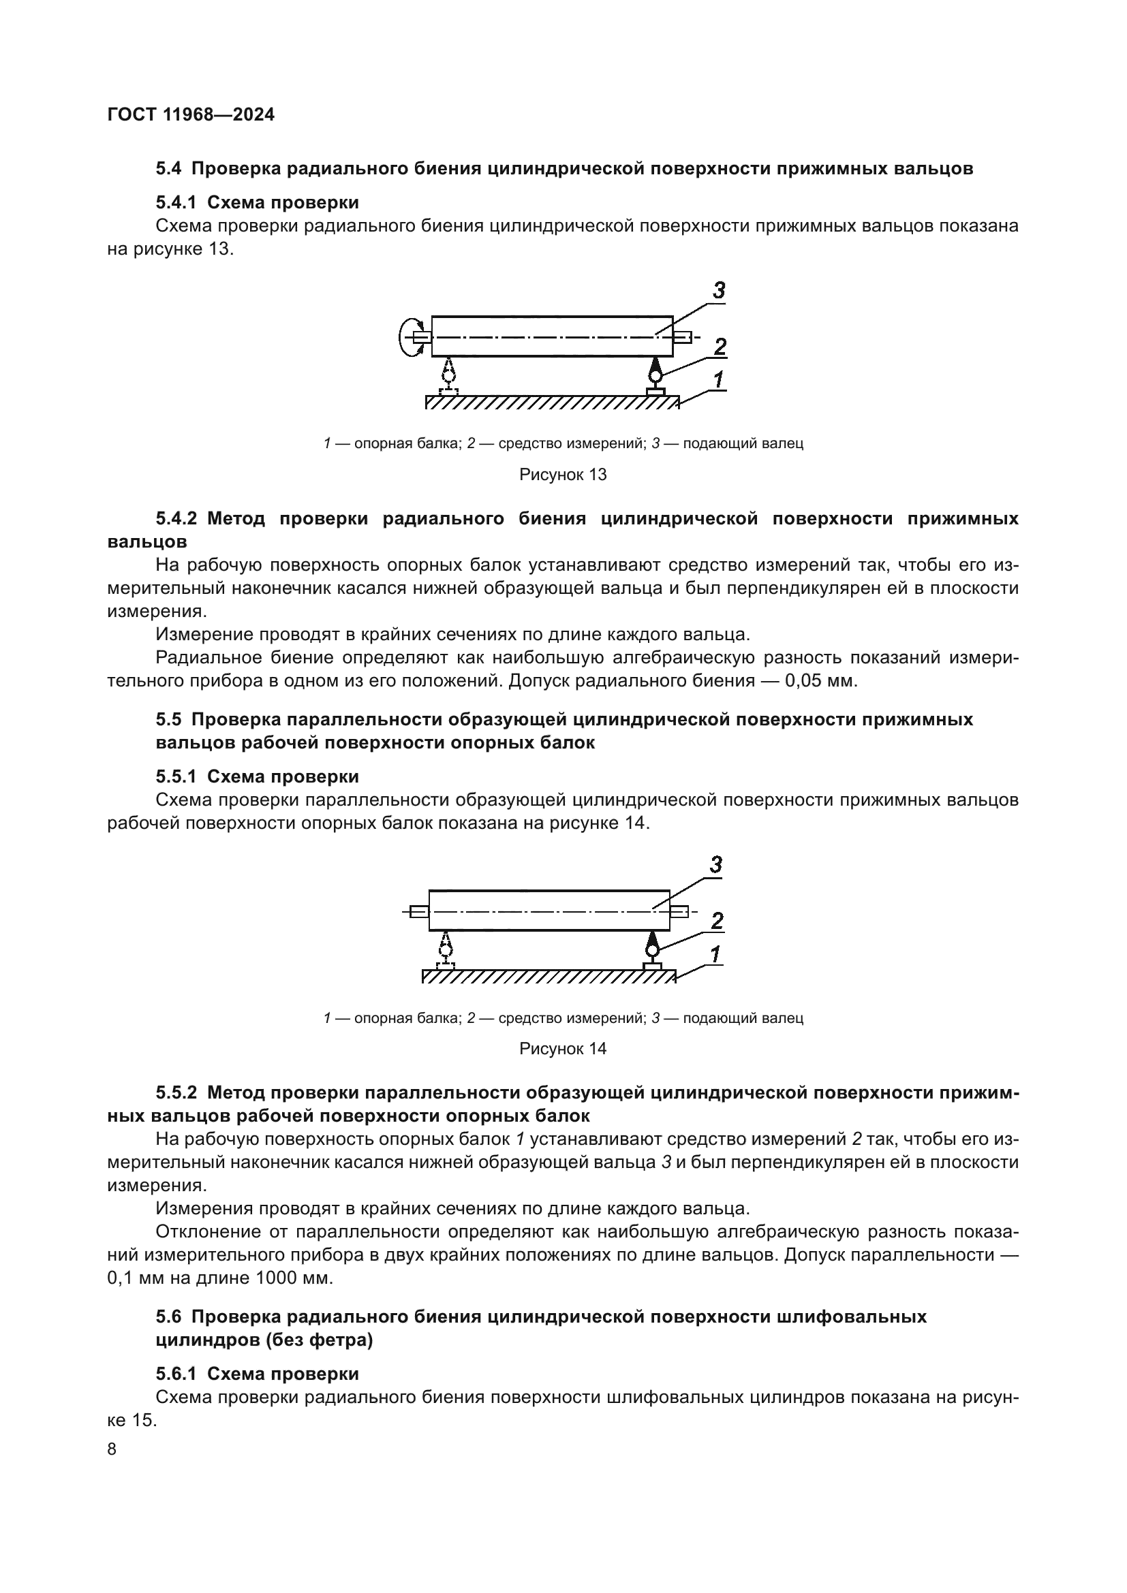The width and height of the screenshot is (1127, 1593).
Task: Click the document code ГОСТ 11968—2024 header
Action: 191,115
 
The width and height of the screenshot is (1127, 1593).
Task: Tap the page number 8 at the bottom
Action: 112,1449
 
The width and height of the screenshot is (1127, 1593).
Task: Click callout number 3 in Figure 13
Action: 719,291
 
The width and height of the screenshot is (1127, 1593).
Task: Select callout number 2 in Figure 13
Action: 720,346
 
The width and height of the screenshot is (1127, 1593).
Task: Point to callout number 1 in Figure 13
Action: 718,379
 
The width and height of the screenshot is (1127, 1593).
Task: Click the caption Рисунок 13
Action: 563,475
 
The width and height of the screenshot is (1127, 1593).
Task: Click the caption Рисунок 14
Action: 563,1048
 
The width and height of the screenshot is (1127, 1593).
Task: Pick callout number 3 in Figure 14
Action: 715,864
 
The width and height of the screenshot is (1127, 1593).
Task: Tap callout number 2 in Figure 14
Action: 717,921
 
